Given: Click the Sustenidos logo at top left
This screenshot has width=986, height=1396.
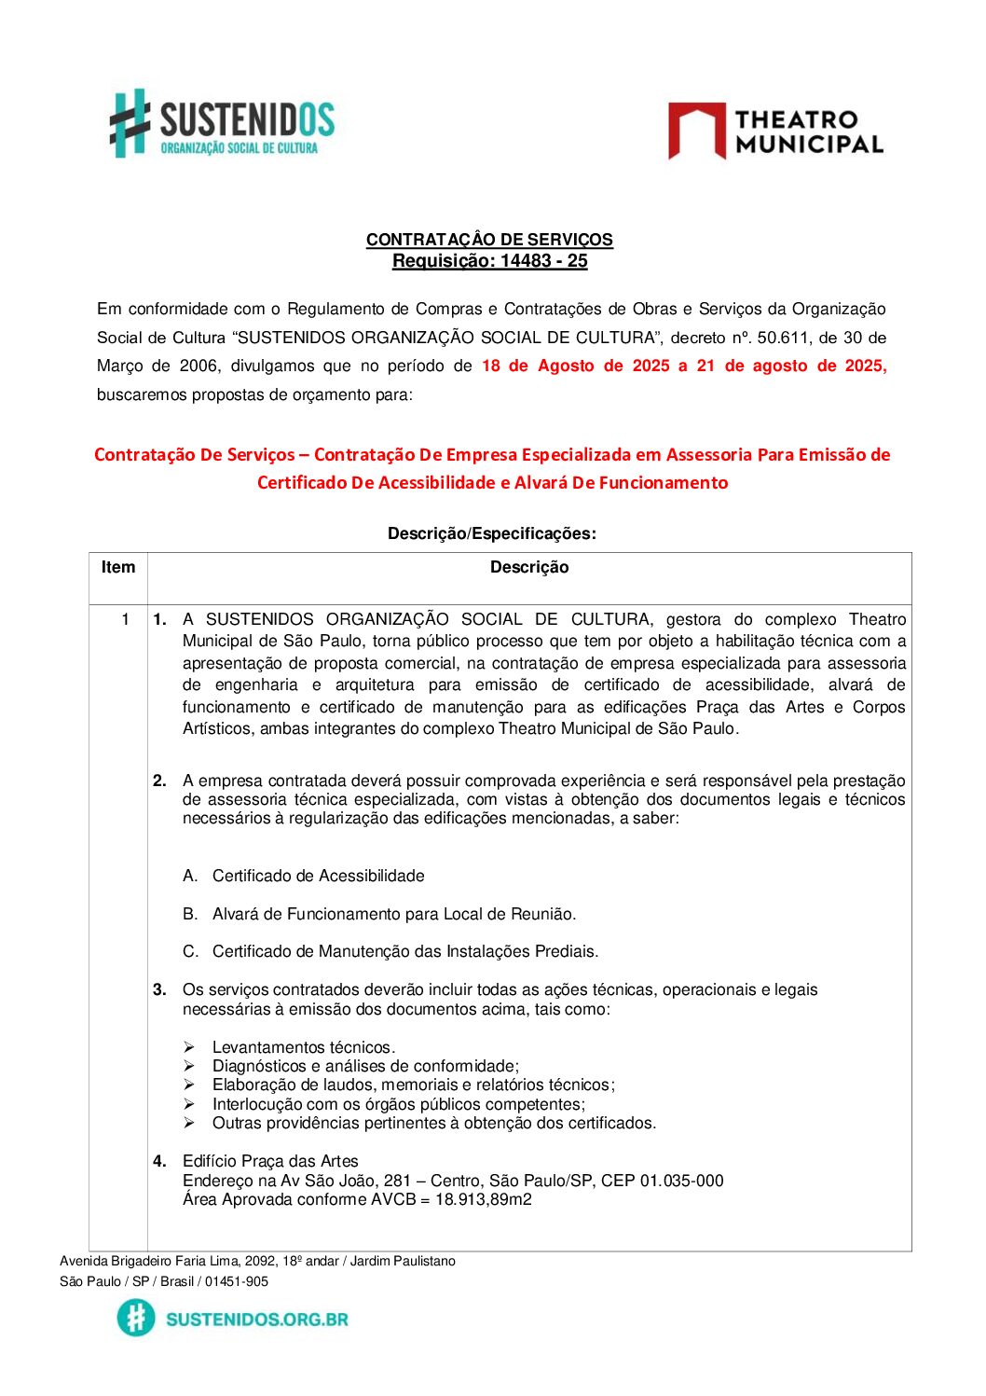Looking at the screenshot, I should (222, 124).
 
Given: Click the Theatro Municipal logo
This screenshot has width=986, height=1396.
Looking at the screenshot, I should (775, 131).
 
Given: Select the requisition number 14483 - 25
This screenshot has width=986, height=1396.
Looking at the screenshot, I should (543, 261).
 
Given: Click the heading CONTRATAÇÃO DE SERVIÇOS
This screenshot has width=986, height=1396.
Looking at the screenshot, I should (489, 240).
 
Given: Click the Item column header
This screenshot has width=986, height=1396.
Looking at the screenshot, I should (118, 567).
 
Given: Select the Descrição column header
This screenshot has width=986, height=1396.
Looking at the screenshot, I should (529, 567).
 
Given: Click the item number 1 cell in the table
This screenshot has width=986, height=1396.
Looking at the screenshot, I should (125, 619).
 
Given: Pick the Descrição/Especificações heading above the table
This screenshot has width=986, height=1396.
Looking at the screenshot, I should (491, 533).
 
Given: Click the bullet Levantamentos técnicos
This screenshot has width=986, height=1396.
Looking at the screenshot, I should (303, 1047).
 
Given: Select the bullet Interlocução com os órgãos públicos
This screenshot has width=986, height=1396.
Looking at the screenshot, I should (398, 1104).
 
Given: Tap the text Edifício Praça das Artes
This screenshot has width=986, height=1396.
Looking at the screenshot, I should (270, 1161).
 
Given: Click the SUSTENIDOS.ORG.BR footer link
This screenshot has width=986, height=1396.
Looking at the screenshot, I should (256, 1319).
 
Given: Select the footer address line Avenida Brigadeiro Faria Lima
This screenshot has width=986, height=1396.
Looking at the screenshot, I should (257, 1261).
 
